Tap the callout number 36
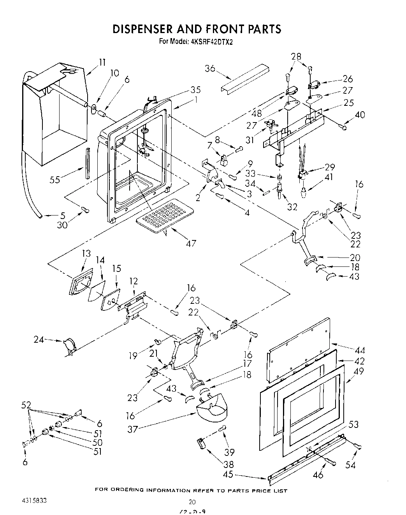[210, 68]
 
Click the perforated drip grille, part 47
[165, 215]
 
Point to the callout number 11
[102, 62]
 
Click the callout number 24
[38, 340]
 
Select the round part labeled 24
[69, 346]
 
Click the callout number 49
[359, 371]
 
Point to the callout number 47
[191, 243]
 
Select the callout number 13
[86, 254]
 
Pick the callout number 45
[229, 475]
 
